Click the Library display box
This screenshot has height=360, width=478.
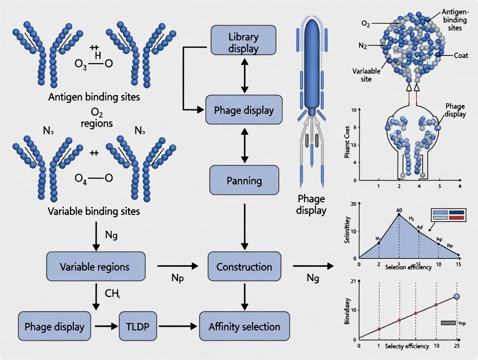coord(243,39)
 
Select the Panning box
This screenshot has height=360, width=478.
coord(244,180)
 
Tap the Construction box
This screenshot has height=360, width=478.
coord(244,267)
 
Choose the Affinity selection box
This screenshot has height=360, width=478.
coord(244,327)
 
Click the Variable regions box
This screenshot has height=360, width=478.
coord(94,267)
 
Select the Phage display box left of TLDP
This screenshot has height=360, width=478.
coord(52,327)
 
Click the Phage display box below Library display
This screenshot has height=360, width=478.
coord(244,110)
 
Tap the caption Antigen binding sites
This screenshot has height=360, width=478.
coord(94,97)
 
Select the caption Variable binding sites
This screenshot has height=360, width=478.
coord(94,212)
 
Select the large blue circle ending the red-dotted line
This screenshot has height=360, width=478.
coord(456,296)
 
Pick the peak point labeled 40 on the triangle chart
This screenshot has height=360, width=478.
coord(399,214)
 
